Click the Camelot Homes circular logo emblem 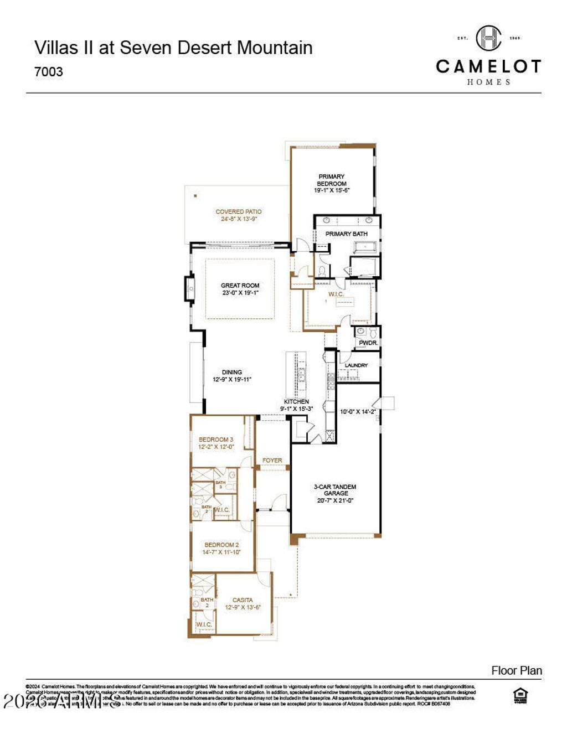pyautogui.click(x=488, y=38)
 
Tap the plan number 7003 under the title pyautogui.click(x=49, y=72)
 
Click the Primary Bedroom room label pyautogui.click(x=332, y=180)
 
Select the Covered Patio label pyautogui.click(x=239, y=211)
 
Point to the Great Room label pyautogui.click(x=240, y=286)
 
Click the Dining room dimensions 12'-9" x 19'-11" pyautogui.click(x=232, y=380)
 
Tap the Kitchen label pyautogui.click(x=296, y=401)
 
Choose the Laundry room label pyautogui.click(x=356, y=365)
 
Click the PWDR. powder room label pyautogui.click(x=368, y=343)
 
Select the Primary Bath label pyautogui.click(x=346, y=234)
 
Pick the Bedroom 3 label pyautogui.click(x=216, y=440)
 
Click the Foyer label pyautogui.click(x=272, y=460)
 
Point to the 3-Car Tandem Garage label pyautogui.click(x=336, y=490)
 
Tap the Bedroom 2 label pyautogui.click(x=221, y=545)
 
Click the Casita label pyautogui.click(x=243, y=600)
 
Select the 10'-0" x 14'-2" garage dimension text pyautogui.click(x=358, y=412)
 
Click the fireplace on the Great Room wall pyautogui.click(x=190, y=288)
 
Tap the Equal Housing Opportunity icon pyautogui.click(x=520, y=696)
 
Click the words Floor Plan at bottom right pyautogui.click(x=516, y=671)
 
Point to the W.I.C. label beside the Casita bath pyautogui.click(x=204, y=624)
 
